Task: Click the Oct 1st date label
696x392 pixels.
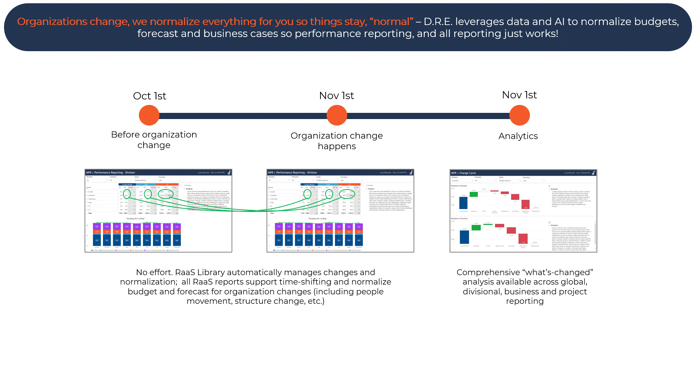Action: pyautogui.click(x=149, y=96)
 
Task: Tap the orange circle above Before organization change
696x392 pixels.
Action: pyautogui.click(x=149, y=115)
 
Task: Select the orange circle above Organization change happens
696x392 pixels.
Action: pyautogui.click(x=337, y=115)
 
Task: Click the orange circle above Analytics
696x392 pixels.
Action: pyautogui.click(x=519, y=115)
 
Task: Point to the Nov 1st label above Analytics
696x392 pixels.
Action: pyautogui.click(x=519, y=95)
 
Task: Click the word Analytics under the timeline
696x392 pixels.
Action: pyautogui.click(x=518, y=136)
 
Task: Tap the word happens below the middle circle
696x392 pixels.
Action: pyautogui.click(x=337, y=146)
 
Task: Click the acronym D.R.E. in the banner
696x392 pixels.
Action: pyautogui.click(x=438, y=22)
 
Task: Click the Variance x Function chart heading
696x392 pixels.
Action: pyautogui.click(x=459, y=219)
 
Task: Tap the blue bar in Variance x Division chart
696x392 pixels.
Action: pyautogui.click(x=463, y=203)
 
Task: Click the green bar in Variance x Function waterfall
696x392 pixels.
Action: pyautogui.click(x=476, y=228)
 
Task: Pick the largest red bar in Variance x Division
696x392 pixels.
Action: pyautogui.click(x=525, y=204)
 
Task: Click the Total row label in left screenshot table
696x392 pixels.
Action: pyautogui.click(x=90, y=213)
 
